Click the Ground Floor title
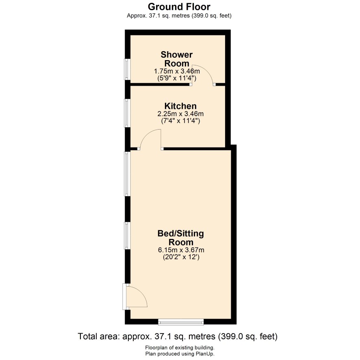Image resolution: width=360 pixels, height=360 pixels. [179, 7]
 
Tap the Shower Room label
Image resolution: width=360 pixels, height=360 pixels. [177, 59]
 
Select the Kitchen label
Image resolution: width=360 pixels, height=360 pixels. [180, 106]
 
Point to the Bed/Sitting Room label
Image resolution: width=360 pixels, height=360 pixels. [181, 238]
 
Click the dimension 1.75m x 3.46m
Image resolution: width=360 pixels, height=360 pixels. [177, 71]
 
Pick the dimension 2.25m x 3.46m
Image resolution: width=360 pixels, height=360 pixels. [180, 114]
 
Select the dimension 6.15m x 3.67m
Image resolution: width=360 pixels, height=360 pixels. [181, 250]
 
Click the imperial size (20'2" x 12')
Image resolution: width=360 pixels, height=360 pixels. [181, 257]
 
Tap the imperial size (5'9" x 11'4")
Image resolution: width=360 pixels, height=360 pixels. [177, 78]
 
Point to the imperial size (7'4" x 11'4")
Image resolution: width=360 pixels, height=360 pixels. [180, 121]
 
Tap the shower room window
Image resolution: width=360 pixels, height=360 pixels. [127, 69]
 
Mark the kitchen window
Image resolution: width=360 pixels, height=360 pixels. [127, 113]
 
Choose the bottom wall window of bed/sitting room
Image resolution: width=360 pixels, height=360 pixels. [181, 322]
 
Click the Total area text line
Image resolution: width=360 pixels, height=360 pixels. [178, 336]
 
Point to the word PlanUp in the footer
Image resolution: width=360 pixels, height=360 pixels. [204, 354]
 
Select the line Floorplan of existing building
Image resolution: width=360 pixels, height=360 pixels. [180, 348]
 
